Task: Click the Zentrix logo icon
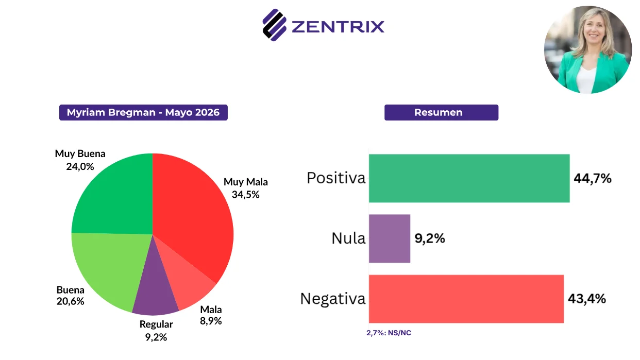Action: [274, 25]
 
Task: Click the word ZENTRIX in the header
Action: [338, 27]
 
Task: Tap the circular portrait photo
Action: [588, 49]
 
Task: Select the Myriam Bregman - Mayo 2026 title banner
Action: [143, 112]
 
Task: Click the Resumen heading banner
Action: [442, 112]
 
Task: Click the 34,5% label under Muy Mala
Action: [246, 195]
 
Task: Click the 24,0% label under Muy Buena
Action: [80, 166]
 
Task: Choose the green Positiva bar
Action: [469, 178]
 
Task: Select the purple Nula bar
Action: [390, 238]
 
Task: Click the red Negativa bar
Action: [466, 299]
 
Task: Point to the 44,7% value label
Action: [593, 178]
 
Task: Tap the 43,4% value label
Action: [587, 299]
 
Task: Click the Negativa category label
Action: [333, 299]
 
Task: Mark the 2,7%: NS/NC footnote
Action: [389, 333]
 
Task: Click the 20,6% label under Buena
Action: [70, 301]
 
